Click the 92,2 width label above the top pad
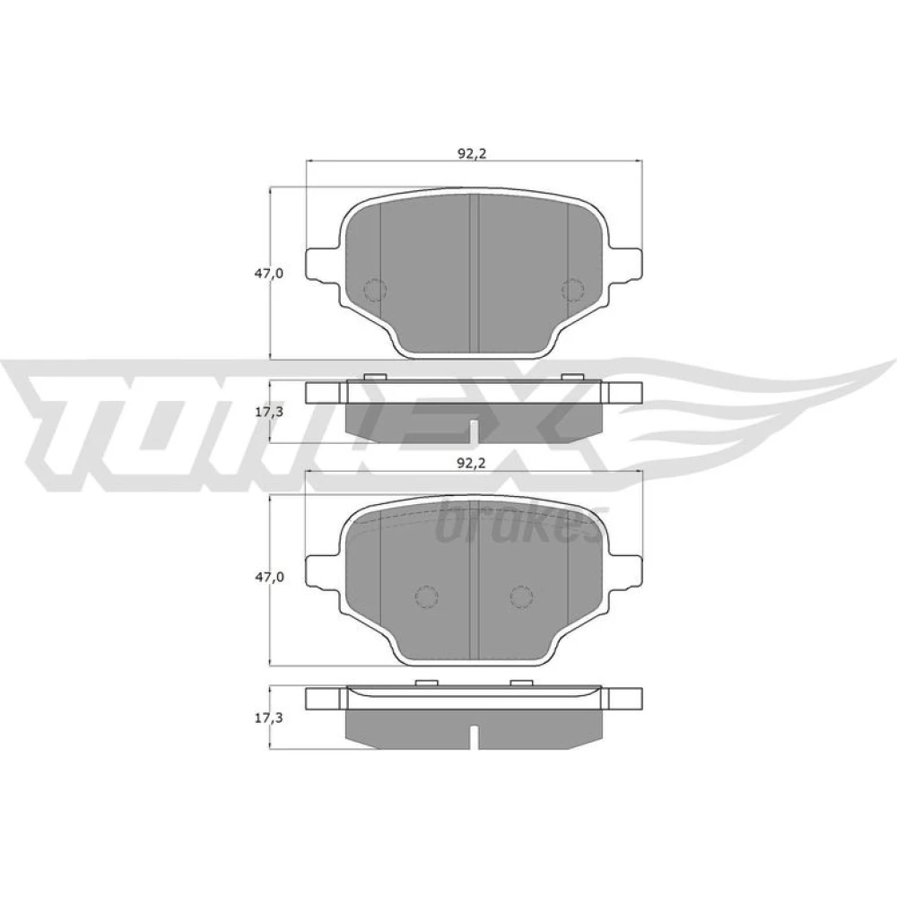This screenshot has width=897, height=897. [x=472, y=152]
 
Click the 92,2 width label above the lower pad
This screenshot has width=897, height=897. [x=472, y=464]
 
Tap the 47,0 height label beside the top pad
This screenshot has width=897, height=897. [x=269, y=274]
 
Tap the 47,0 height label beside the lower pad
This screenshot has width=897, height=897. [x=269, y=577]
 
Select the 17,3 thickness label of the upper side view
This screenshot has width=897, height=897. [x=269, y=412]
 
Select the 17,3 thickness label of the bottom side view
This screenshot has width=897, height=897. [x=269, y=718]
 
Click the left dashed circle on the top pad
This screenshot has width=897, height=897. [x=375, y=290]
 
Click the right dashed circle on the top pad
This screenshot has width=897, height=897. [x=572, y=290]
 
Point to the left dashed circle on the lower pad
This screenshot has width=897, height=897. [x=426, y=597]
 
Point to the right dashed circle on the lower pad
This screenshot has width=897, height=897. [x=521, y=597]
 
